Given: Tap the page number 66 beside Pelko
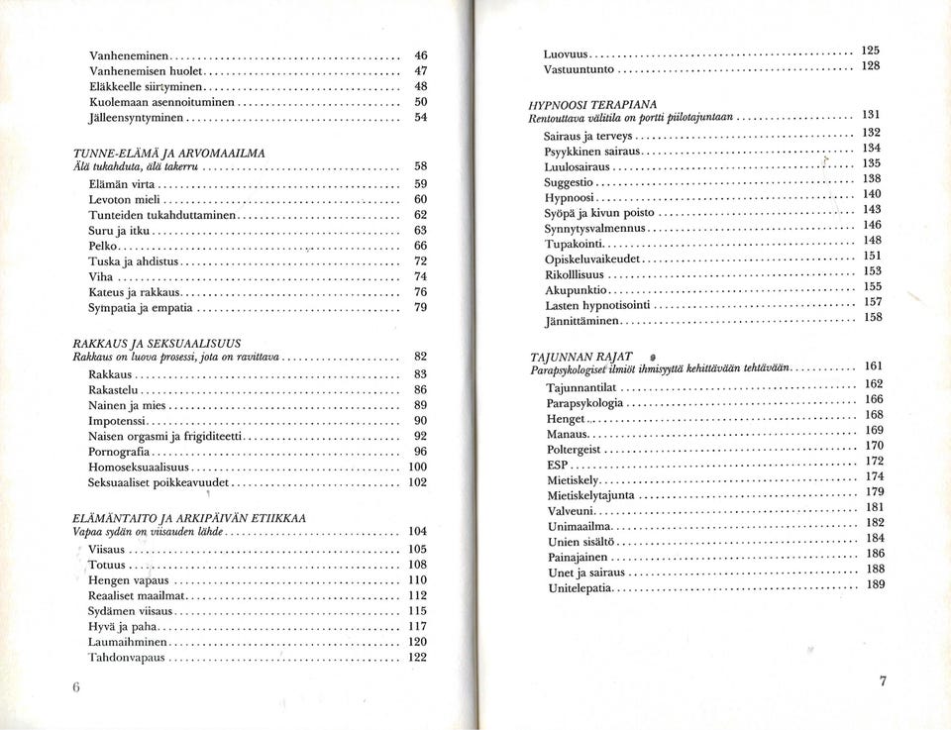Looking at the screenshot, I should coord(420,245).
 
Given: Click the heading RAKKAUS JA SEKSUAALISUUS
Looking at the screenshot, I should coord(158,343).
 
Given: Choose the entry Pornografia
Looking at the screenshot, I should coord(119,452).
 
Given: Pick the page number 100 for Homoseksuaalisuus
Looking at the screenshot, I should coord(418,467).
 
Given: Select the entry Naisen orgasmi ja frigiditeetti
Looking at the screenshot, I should coord(164,436).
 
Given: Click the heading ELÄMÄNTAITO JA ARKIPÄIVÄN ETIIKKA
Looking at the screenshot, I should coord(189,518).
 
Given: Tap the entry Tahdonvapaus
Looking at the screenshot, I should coord(126,657).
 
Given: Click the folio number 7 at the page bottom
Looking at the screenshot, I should coord(883,680).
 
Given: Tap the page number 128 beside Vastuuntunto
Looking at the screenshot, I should coord(871,65).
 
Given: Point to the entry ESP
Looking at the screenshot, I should coord(558,464).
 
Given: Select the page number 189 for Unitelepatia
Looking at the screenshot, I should coord(875,584).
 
